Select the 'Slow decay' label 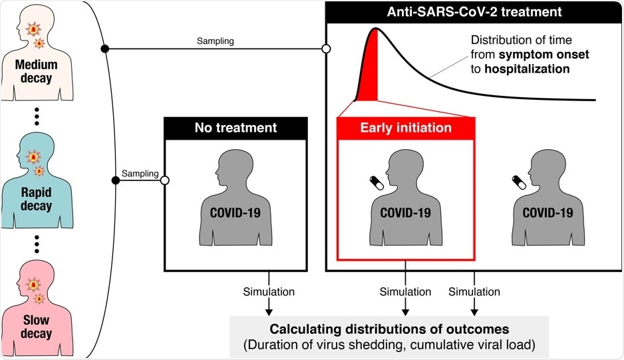tap(37, 325)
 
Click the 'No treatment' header tap(235, 128)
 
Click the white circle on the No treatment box tap(164, 180)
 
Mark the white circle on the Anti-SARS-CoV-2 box tap(326, 49)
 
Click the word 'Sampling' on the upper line tap(215, 41)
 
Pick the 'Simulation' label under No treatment tap(269, 291)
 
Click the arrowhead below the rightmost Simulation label tap(474, 310)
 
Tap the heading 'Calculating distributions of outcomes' tap(389, 328)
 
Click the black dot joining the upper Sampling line tap(104, 49)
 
